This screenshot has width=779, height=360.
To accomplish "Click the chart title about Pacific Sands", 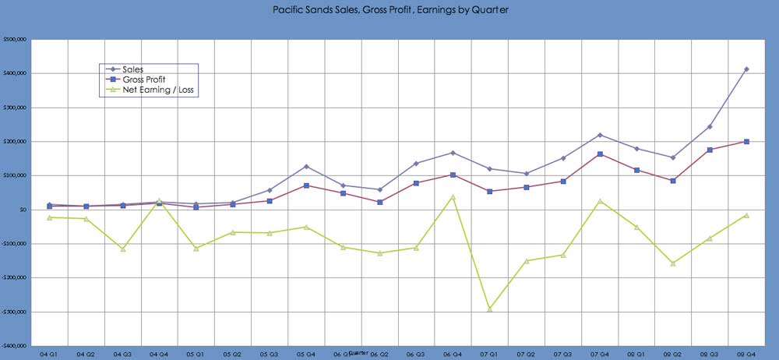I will [x=389, y=10].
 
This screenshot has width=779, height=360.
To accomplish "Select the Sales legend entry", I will [x=132, y=69].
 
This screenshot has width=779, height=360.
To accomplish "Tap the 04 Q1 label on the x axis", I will [x=48, y=353].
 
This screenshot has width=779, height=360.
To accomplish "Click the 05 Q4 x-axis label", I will [x=306, y=353].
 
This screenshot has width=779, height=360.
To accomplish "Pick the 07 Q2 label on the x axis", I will [x=526, y=353].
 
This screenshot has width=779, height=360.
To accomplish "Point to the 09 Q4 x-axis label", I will [x=746, y=353].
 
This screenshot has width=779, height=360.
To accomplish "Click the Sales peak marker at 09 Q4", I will [x=746, y=69].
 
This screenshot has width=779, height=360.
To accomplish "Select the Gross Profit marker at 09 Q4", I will [x=746, y=142].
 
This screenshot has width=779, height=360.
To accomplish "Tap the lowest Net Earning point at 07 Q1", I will [x=490, y=309].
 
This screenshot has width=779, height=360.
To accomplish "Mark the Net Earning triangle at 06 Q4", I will [x=453, y=196].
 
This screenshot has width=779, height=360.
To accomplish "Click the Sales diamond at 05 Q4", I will [x=306, y=166].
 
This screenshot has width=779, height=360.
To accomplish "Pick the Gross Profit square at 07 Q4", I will [x=600, y=154].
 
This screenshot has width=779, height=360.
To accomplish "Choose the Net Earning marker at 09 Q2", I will [x=673, y=263].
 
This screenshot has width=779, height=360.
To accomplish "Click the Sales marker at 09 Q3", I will [x=710, y=126].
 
